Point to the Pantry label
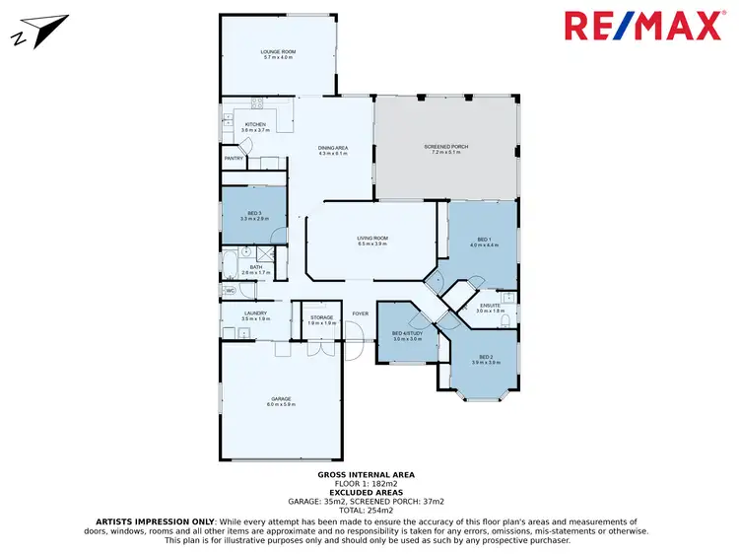234,158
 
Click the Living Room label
372,240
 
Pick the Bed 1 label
483,241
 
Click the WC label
230,291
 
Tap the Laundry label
255,316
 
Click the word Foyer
361,314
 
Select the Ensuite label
490,308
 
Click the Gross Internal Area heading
366,474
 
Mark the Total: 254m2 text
366,509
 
